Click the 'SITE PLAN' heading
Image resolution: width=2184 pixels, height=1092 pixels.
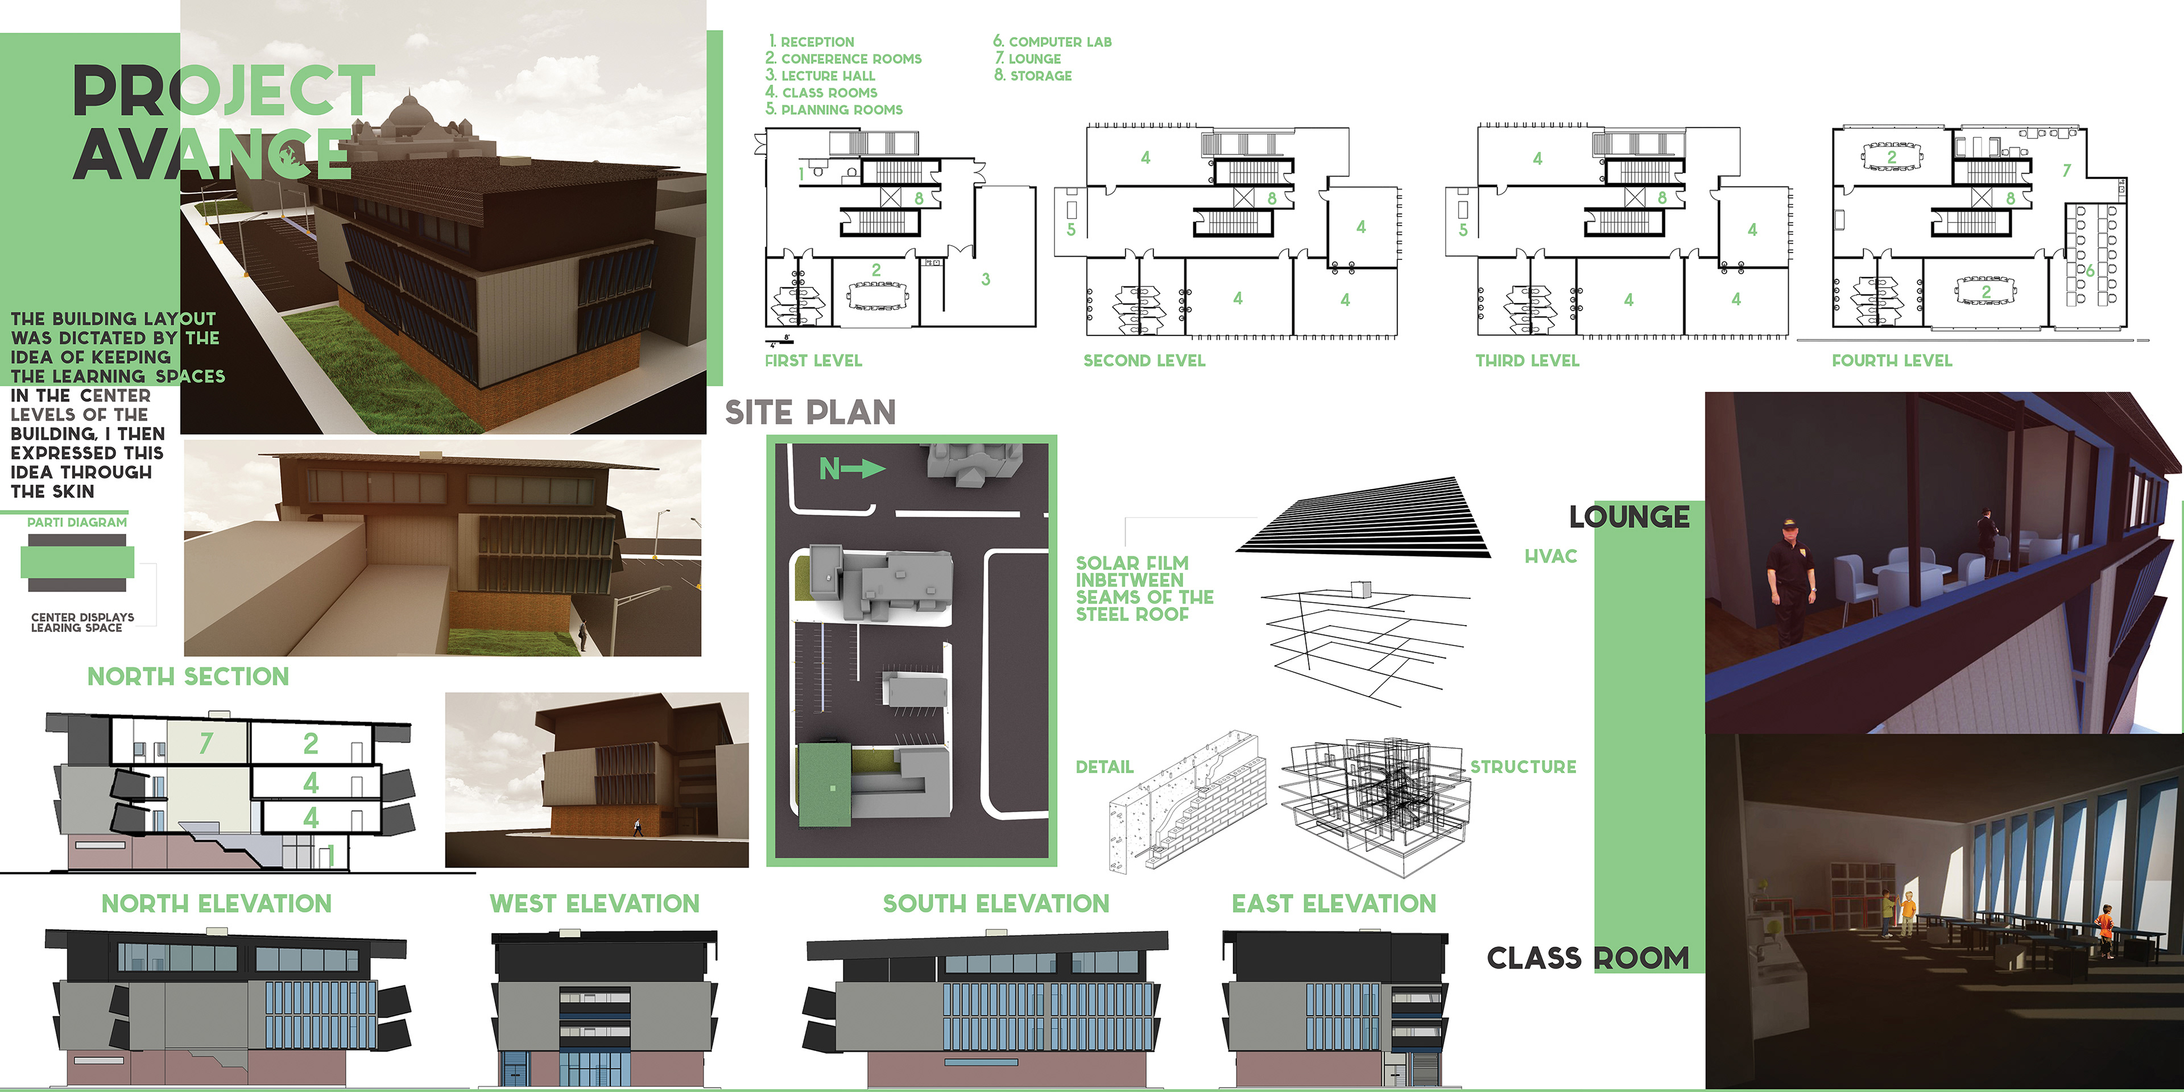[810, 413]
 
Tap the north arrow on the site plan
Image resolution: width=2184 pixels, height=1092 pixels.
[852, 469]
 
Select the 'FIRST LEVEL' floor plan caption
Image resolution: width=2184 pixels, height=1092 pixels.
[813, 361]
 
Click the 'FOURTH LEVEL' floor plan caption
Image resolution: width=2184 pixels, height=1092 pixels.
[1892, 361]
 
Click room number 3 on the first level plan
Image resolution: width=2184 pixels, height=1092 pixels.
[985, 279]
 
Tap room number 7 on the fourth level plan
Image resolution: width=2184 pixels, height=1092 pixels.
[2066, 171]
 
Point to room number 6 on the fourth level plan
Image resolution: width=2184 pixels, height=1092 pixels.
[2090, 271]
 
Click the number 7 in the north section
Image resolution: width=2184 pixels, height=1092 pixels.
[205, 743]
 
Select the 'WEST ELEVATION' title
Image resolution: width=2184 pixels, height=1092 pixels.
[594, 904]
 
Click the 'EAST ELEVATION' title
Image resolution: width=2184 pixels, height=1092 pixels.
[1334, 904]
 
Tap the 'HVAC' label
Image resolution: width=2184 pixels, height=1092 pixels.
[1550, 556]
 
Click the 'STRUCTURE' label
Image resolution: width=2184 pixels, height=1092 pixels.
[1523, 767]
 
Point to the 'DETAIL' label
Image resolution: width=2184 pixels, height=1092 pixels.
[1104, 767]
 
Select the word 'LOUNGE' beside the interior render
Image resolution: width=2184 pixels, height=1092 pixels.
[1629, 516]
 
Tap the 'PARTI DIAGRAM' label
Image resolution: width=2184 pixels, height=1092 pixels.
[77, 522]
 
